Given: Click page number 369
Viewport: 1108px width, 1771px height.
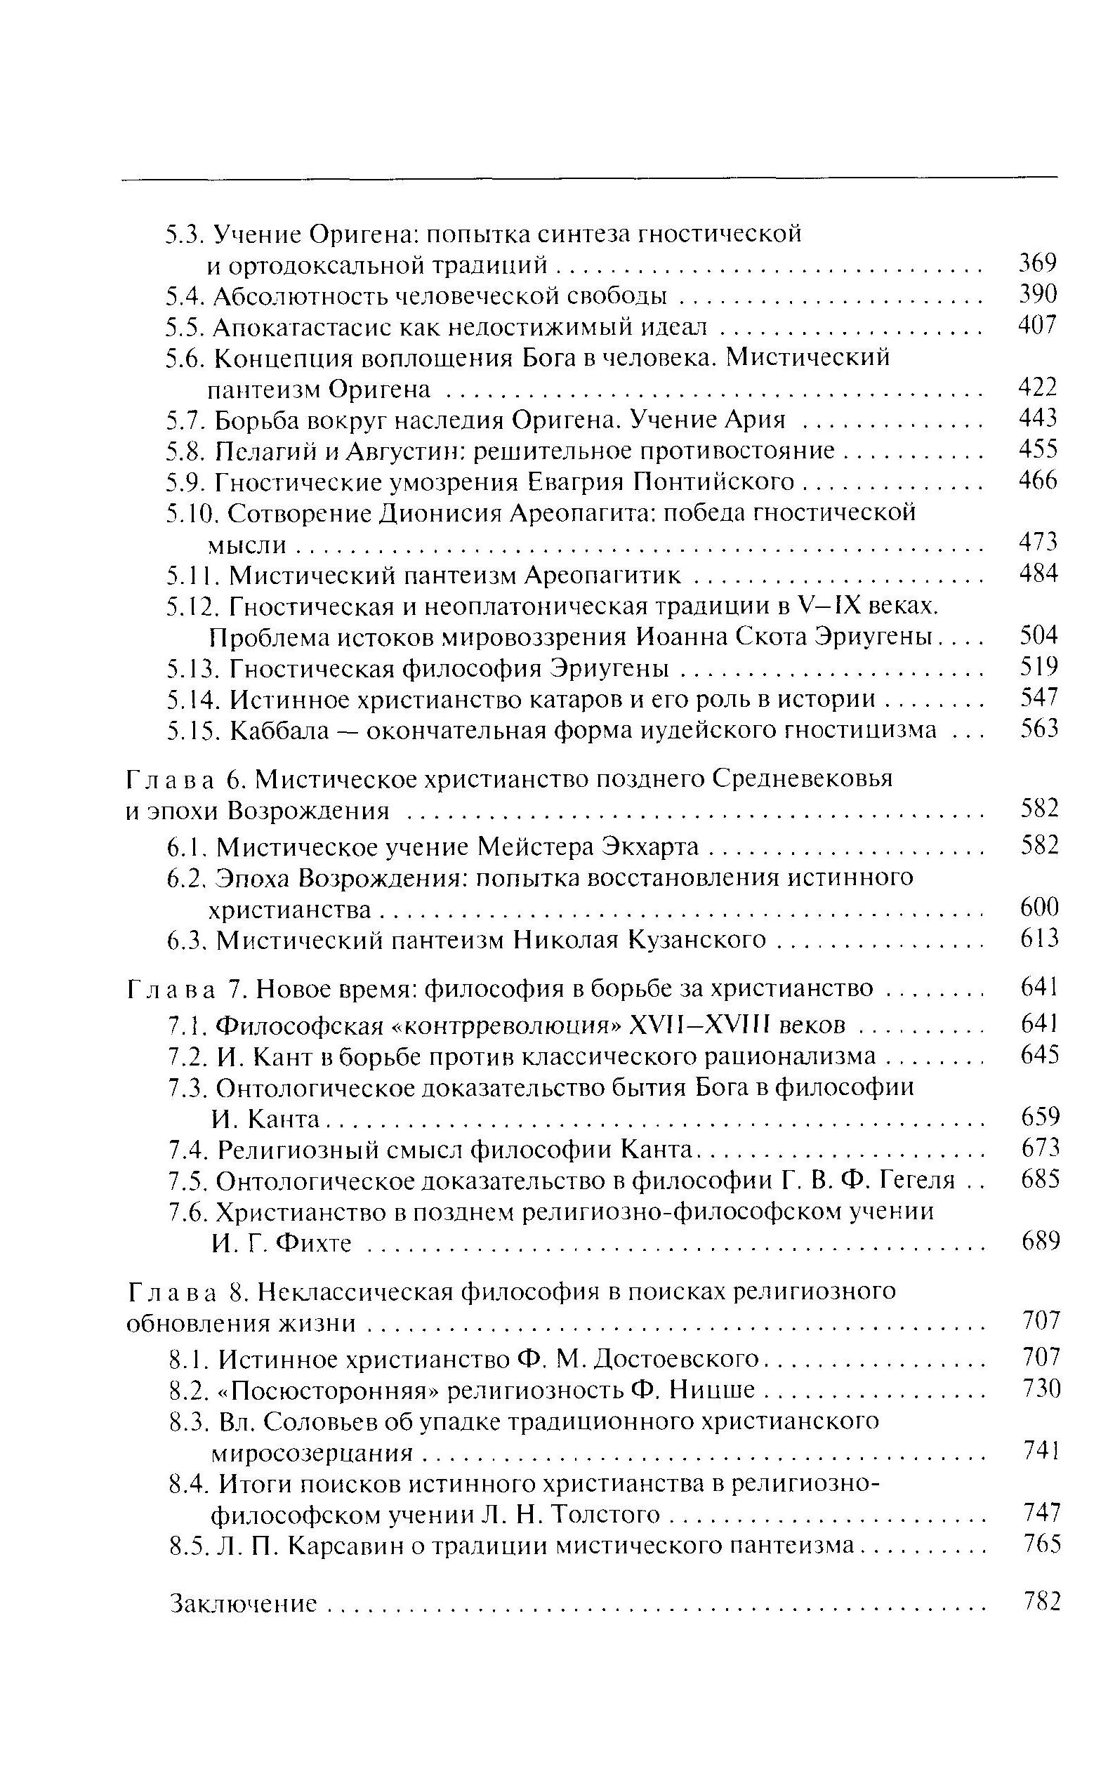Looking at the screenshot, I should [x=1038, y=263].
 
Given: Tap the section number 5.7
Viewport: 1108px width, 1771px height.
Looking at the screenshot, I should [x=187, y=420].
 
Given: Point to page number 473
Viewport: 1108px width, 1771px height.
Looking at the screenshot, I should [x=1038, y=541].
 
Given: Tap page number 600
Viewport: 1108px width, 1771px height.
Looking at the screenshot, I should [x=1039, y=908].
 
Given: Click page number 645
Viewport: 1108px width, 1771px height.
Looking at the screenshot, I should [x=1040, y=1055].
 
